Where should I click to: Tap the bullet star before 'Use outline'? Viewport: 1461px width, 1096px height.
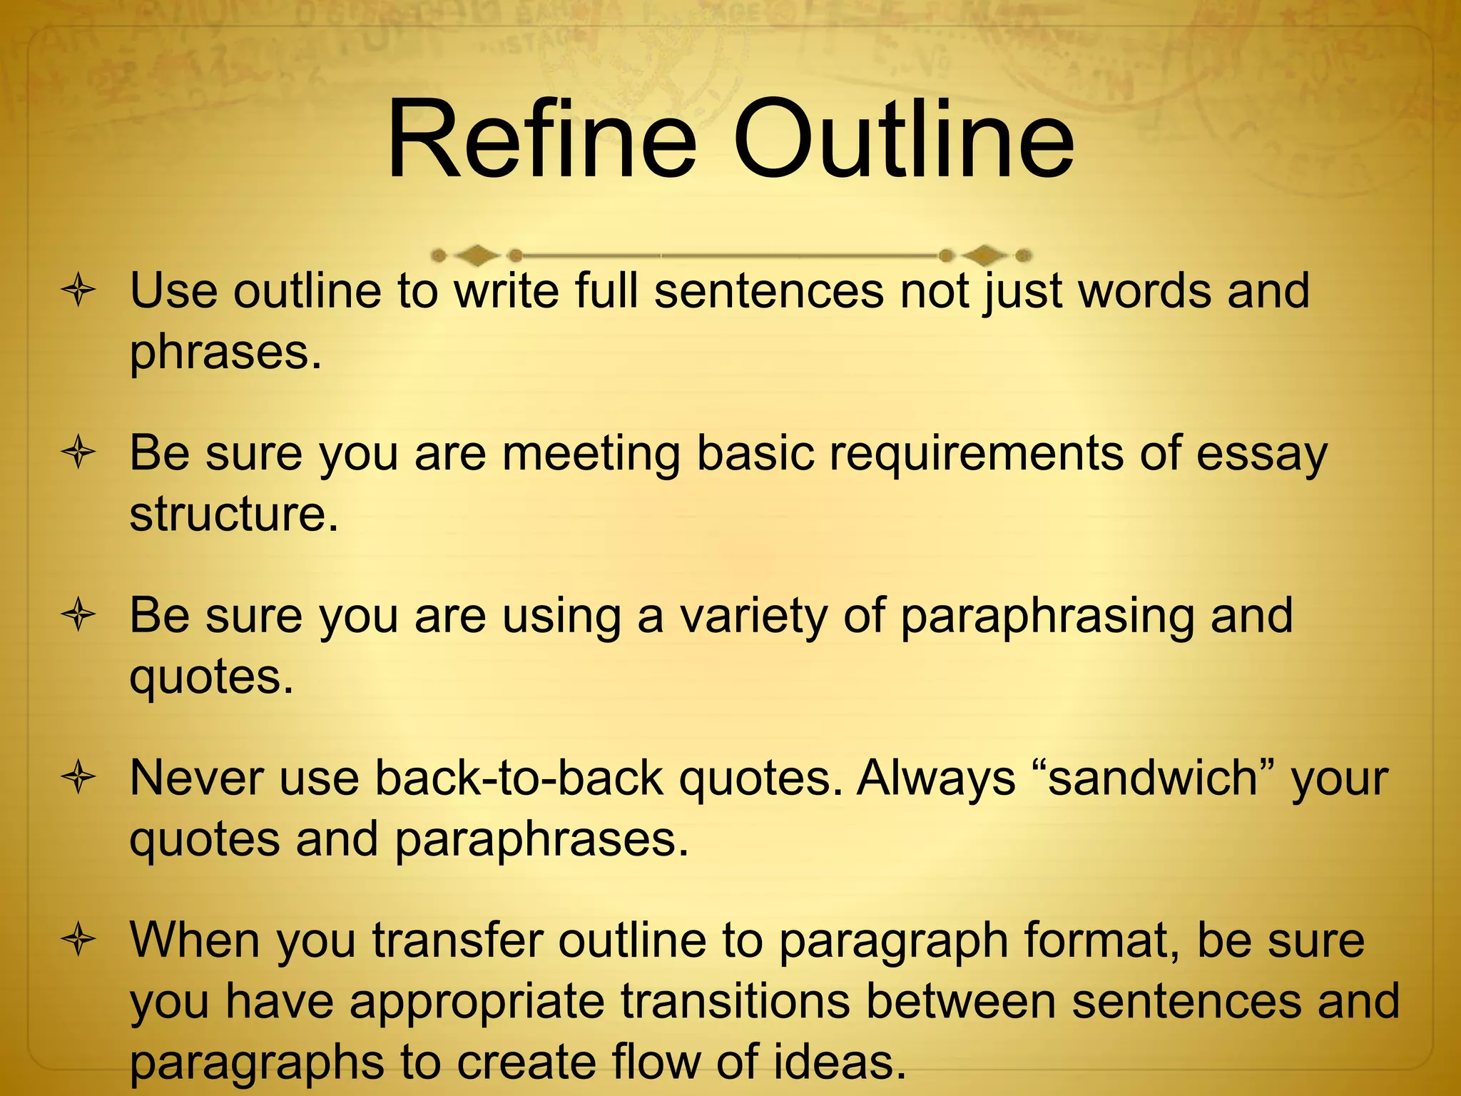coord(78,291)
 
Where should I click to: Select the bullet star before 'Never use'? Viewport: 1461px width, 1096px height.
coord(78,778)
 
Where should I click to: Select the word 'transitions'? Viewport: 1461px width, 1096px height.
coord(735,1001)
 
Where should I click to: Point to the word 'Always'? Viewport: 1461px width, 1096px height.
coord(936,778)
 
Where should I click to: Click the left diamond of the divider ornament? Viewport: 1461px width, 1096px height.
coord(477,255)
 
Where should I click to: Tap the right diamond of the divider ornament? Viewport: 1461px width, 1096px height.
coord(984,255)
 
